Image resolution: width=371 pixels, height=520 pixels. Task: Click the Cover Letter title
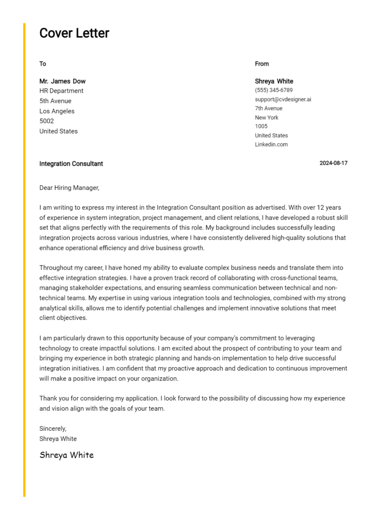[74, 33]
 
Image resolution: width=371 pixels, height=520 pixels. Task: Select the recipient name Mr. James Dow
[62, 81]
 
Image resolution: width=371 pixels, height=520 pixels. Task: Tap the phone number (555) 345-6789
[273, 90]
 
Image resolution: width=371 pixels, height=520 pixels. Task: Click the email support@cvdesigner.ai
[283, 99]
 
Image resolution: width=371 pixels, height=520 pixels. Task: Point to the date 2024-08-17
[333, 163]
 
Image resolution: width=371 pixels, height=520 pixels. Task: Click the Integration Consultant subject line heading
[71, 164]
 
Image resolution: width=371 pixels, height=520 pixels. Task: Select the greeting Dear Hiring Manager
[69, 188]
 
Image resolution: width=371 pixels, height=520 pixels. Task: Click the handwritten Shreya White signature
[67, 455]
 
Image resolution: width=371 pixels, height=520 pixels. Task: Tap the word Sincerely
[53, 428]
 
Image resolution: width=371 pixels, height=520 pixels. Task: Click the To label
[43, 64]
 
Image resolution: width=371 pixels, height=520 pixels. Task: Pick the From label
[262, 64]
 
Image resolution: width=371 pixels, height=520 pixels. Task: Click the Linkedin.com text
[271, 144]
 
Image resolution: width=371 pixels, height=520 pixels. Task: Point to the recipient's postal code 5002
[46, 121]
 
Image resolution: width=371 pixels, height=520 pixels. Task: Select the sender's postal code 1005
[261, 126]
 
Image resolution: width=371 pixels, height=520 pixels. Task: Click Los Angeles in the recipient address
[57, 111]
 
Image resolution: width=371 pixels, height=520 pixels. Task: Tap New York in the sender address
[267, 117]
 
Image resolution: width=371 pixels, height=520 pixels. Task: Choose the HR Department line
[61, 91]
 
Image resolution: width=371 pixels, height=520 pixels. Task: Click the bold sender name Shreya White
[274, 81]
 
